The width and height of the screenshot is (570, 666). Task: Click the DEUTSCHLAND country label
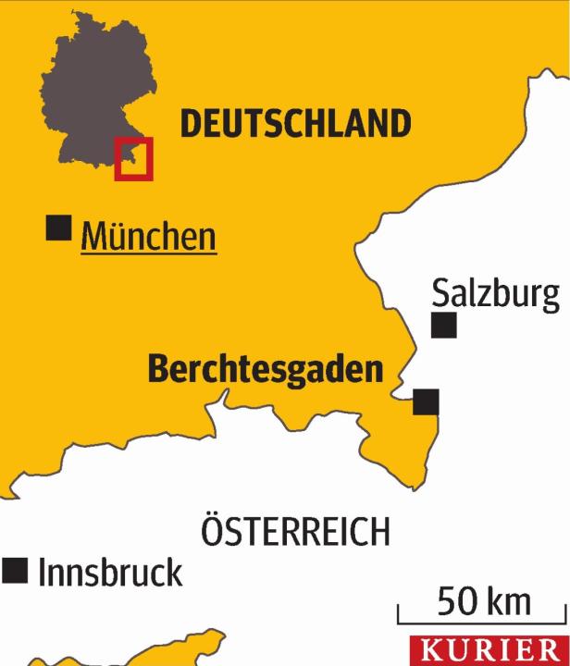(294, 123)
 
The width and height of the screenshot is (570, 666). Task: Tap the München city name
(148, 237)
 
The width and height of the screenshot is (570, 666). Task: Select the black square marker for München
(59, 228)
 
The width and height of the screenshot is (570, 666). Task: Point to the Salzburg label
(496, 295)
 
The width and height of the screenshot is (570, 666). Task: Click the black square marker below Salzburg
(444, 326)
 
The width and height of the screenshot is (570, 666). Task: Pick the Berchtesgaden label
(266, 370)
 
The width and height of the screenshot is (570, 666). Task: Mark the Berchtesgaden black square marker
(426, 402)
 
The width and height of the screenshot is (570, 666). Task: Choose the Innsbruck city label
(110, 573)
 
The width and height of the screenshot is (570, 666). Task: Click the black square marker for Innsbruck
(15, 571)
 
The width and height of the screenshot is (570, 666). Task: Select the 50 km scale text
(484, 602)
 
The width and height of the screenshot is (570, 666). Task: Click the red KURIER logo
(489, 650)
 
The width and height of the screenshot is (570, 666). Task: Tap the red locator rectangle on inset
(133, 158)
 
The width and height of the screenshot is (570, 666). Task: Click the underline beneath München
(148, 253)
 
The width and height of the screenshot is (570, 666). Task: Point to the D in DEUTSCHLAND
(191, 123)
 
